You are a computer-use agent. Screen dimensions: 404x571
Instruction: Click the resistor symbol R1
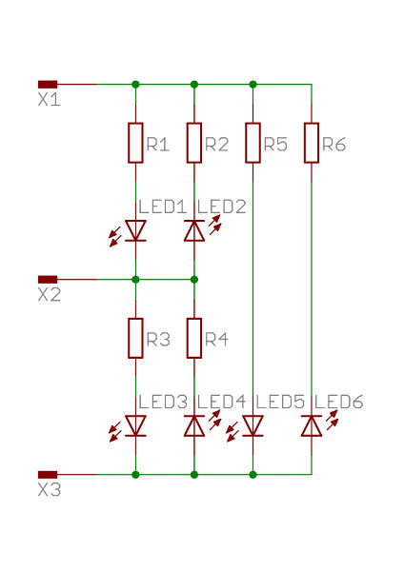(135, 143)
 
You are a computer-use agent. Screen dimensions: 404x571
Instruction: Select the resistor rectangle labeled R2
(194, 143)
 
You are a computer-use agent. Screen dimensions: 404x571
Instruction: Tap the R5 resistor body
(252, 143)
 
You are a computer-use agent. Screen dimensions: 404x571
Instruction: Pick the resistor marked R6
(312, 143)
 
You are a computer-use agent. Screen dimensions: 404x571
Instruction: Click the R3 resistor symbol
(135, 338)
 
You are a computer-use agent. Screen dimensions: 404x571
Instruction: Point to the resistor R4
(194, 338)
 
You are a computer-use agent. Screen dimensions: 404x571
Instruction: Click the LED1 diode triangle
(135, 230)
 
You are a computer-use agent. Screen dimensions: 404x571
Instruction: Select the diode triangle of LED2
(194, 230)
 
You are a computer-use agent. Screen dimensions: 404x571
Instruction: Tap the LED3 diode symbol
(135, 425)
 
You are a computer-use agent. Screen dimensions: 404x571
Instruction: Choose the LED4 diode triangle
(194, 425)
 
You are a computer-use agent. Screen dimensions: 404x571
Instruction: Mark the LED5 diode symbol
(252, 425)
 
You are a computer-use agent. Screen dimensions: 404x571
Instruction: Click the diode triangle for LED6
(312, 425)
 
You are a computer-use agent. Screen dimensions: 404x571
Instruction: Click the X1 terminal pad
(48, 85)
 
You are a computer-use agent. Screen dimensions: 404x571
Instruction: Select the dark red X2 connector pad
(48, 280)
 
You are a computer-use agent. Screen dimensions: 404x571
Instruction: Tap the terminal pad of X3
(48, 475)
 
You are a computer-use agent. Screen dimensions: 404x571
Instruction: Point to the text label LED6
(339, 402)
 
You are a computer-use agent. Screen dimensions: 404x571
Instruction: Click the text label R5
(275, 145)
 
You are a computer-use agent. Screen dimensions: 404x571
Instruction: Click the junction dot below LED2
(194, 280)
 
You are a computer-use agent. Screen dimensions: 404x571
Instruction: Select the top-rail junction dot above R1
(135, 85)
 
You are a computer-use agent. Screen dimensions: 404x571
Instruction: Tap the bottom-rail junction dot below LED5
(252, 475)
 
